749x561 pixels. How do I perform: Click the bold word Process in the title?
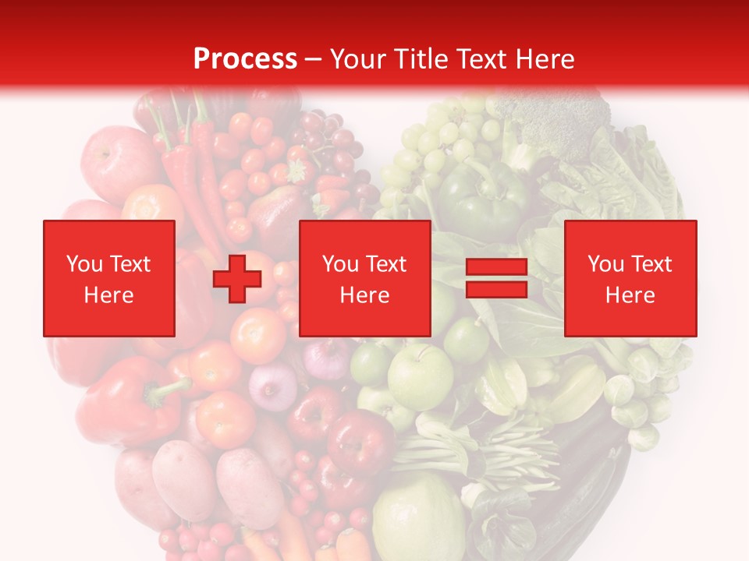pos(245,58)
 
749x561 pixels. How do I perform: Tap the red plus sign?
pos(237,279)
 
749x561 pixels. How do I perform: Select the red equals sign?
pos(496,278)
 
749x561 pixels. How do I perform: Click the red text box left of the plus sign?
pos(108,278)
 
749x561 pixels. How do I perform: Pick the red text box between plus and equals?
pos(364,278)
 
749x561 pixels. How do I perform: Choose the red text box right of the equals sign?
pos(630,278)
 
